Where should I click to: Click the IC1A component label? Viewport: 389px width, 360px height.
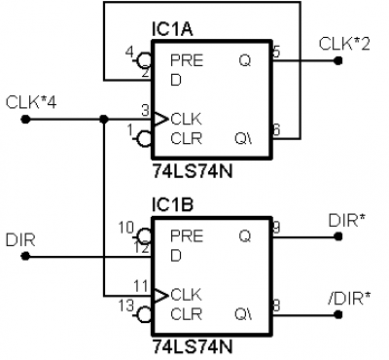pos(172,29)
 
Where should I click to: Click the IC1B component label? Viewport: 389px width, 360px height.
pos(172,205)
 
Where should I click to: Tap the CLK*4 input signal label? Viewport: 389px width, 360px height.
pos(31,103)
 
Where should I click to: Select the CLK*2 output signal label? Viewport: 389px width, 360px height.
pos(344,44)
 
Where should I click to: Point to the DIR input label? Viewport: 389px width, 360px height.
pos(20,240)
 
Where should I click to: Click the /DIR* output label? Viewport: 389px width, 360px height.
pos(349,299)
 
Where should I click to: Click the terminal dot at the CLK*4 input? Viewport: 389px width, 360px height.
pos(25,120)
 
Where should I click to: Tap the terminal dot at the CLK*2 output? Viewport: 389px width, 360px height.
pos(338,60)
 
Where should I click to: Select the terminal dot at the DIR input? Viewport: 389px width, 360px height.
pos(25,257)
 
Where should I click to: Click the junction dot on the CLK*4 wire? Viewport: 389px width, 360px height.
pos(104,120)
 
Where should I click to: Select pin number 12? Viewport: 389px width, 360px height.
pos(142,248)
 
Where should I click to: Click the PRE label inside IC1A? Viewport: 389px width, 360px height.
pos(187,60)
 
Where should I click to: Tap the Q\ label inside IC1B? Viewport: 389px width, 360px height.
pos(243,314)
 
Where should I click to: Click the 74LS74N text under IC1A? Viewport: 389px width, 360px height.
pos(193,172)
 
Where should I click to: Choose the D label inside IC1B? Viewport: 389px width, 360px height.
pos(176,256)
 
